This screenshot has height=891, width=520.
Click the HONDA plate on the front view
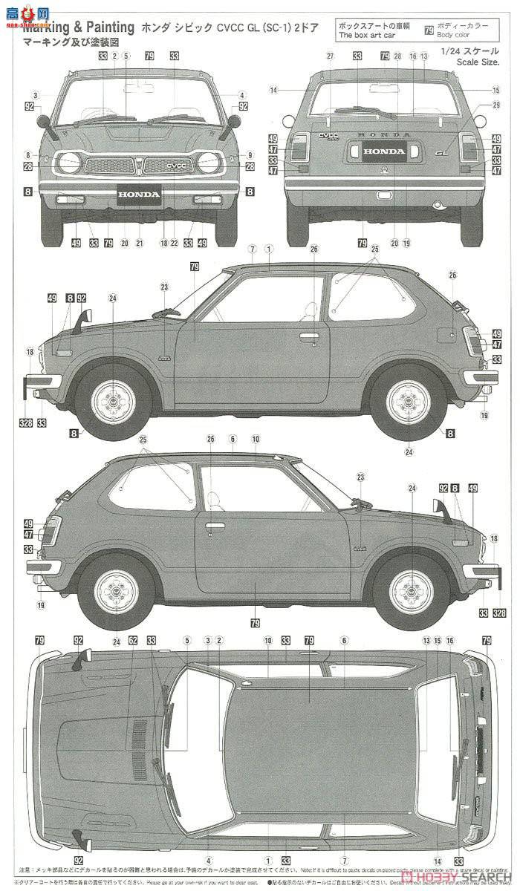pos(139,195)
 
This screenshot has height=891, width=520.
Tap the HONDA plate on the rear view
pos(384,151)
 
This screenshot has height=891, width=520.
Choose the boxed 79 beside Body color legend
pos(428,30)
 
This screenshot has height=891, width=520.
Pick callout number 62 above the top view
pos(133,640)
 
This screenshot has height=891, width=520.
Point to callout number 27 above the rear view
pos(328,56)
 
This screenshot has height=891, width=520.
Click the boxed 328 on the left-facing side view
pos(26,423)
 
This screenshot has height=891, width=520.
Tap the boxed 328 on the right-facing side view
pos(499,613)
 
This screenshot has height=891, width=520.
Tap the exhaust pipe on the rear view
pos(438,203)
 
